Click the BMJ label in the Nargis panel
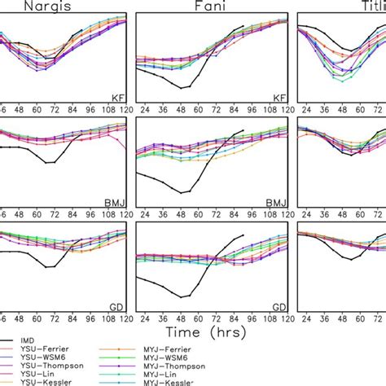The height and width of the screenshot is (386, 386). (116, 197)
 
